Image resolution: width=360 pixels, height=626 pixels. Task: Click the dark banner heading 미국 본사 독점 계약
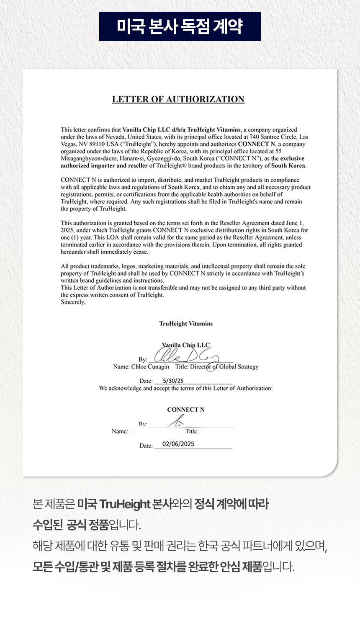point(180,26)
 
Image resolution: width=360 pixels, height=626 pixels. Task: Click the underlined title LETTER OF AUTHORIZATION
point(178,99)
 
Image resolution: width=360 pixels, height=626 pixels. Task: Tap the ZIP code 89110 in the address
point(96,144)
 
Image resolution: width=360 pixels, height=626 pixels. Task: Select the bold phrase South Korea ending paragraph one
point(288,165)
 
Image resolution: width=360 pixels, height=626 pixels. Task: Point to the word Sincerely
point(73,302)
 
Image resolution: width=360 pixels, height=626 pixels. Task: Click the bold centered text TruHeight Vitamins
point(186,324)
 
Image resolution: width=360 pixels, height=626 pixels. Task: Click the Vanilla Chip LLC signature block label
point(186,345)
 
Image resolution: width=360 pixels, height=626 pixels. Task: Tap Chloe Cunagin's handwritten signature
point(186,357)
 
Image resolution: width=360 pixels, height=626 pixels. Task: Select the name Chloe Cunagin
point(150,367)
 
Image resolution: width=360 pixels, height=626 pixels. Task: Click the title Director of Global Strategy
point(224,367)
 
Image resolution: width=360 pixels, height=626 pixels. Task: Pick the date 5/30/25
point(173,381)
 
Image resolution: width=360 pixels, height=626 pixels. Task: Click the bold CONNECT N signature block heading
point(186,410)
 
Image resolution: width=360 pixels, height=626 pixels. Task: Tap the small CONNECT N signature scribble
point(177,420)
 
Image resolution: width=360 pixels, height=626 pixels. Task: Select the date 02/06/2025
point(178,444)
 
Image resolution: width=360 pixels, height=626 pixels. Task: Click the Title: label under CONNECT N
point(192,431)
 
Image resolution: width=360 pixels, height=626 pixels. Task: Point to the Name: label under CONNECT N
point(120,431)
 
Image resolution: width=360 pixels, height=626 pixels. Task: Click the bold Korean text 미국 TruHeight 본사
point(124,504)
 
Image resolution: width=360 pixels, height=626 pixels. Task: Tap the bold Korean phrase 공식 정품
point(87,525)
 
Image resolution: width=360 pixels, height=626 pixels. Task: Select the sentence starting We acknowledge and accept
point(186,388)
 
